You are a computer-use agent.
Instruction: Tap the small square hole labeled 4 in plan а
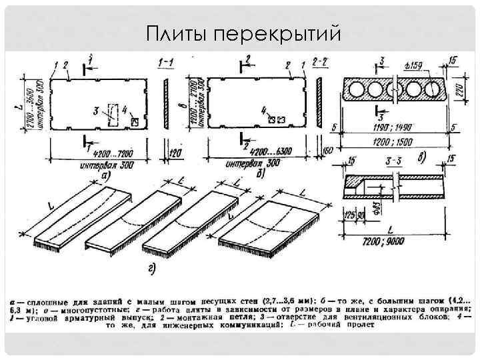coord(136,121)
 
